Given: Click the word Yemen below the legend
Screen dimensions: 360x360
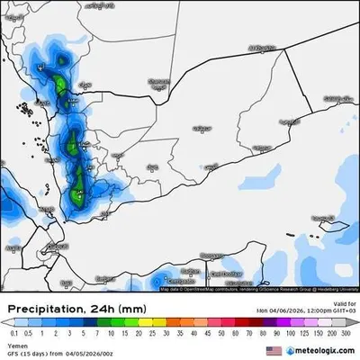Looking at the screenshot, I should point(16,344).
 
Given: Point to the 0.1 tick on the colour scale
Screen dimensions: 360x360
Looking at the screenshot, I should point(12,332).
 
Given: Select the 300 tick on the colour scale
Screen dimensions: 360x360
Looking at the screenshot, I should point(347,332).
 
